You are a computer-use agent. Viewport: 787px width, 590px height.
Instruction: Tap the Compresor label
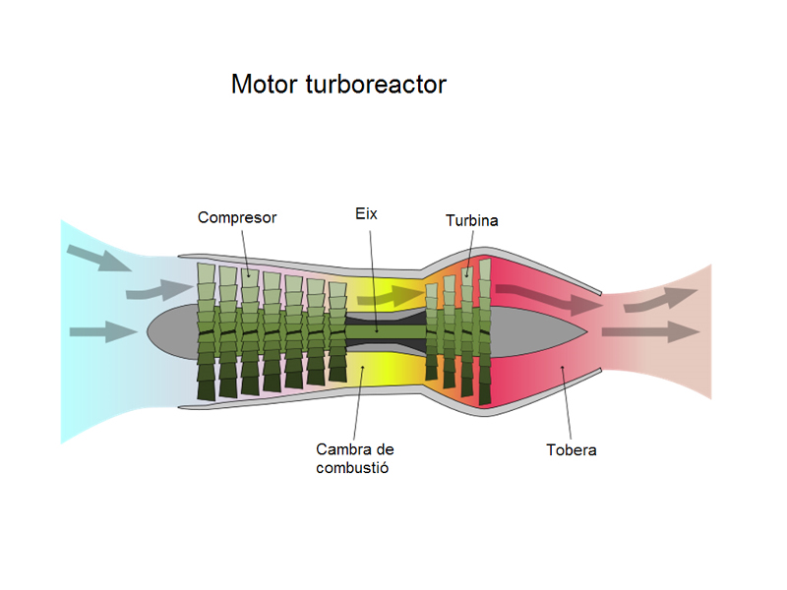coord(237,217)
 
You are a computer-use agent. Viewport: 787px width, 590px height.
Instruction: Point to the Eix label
coord(366,212)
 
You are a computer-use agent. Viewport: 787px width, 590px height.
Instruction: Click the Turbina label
coord(471,220)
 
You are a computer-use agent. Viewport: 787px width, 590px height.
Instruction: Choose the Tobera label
coord(572,450)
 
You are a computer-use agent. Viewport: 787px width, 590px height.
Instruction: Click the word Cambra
coord(341,449)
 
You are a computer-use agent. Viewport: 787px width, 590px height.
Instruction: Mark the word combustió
coord(353,468)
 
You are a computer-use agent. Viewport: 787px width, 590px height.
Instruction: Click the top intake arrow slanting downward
coord(98,259)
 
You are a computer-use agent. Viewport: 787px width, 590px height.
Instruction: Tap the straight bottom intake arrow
coord(102,331)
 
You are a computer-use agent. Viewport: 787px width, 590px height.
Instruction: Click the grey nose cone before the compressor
coord(173,328)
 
